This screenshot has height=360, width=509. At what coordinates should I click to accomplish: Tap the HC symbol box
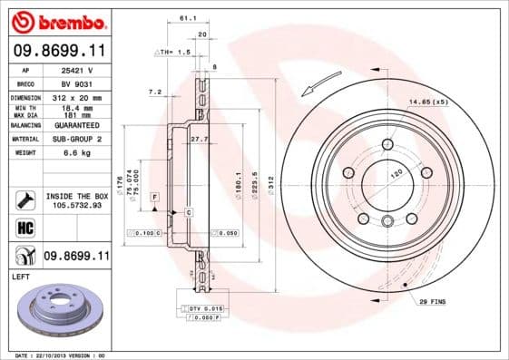click(24, 228)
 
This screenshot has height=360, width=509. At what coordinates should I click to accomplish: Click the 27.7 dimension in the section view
click(200, 139)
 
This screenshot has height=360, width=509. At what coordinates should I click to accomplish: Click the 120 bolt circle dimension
click(396, 170)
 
